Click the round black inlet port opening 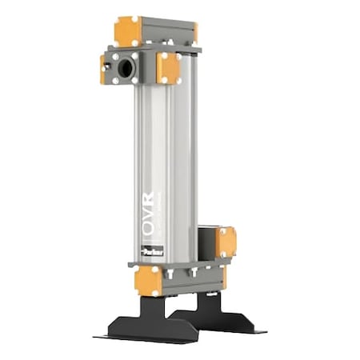pos(125,69)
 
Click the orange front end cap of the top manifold pos(128,31)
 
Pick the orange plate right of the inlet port pos(168,68)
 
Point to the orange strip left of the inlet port pos(102,69)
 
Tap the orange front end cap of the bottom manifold pos(148,280)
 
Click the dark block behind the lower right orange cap pos(207,239)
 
